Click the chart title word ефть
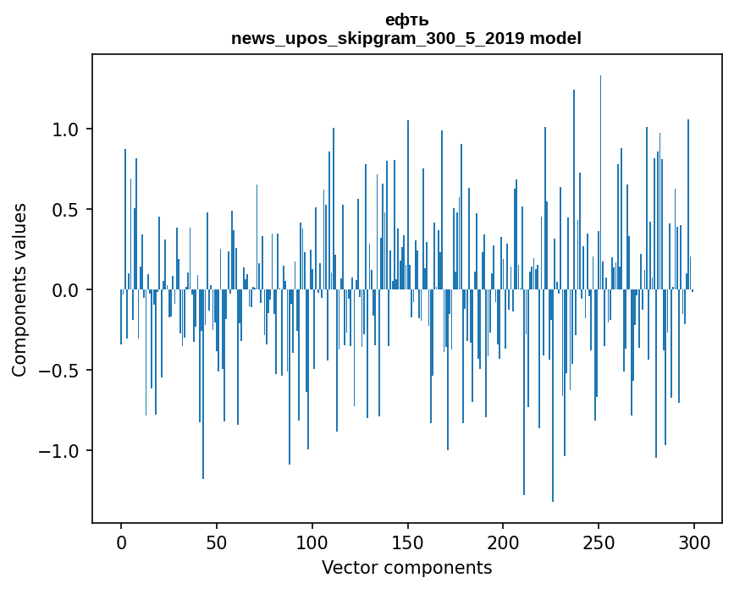click(x=406, y=20)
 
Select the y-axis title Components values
click(x=19, y=290)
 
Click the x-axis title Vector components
click(x=406, y=567)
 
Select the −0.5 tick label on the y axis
click(x=61, y=371)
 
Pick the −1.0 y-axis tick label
click(x=61, y=451)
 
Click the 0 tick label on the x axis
click(x=121, y=542)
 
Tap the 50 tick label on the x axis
click(x=217, y=542)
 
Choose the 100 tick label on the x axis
click(x=312, y=542)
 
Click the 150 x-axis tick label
click(x=407, y=542)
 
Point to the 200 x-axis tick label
click(x=503, y=542)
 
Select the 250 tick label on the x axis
click(x=599, y=542)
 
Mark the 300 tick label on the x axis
click(x=694, y=542)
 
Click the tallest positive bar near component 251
click(x=600, y=169)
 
